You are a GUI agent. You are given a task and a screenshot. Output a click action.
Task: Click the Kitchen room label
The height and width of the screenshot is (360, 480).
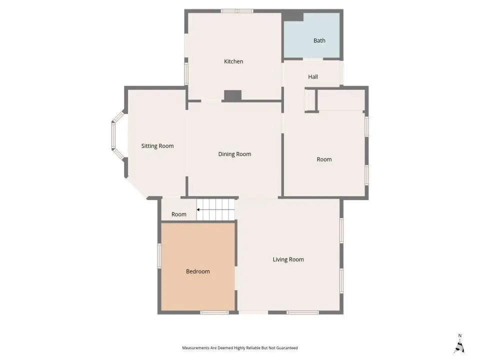(x=233, y=61)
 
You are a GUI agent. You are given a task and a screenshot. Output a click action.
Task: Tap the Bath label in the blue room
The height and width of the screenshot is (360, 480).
(x=319, y=40)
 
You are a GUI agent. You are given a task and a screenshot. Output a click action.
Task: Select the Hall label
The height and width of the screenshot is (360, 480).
(x=313, y=77)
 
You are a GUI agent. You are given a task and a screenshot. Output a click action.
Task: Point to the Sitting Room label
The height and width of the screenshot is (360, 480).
(x=157, y=146)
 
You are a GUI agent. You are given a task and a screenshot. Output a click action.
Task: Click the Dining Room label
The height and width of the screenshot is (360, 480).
(x=234, y=154)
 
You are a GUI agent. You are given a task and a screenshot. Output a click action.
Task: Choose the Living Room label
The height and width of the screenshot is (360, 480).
(x=288, y=259)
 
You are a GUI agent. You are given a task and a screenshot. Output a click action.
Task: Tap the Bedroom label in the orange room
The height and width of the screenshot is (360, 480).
(x=198, y=271)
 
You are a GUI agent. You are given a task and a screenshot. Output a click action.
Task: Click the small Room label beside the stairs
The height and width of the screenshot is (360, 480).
(x=179, y=214)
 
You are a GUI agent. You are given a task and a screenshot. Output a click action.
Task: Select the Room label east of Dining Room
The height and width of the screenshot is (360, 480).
(x=324, y=159)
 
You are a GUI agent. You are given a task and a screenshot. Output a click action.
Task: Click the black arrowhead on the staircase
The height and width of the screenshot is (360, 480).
(x=198, y=209)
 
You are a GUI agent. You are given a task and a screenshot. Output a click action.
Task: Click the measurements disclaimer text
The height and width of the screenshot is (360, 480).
(x=240, y=348)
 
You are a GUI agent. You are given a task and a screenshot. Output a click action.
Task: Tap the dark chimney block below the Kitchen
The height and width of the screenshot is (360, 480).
(x=232, y=95)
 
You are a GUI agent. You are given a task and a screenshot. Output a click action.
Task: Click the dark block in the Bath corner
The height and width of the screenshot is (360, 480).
(x=293, y=17)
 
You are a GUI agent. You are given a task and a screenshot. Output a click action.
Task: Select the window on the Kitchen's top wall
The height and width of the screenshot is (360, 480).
(x=237, y=11)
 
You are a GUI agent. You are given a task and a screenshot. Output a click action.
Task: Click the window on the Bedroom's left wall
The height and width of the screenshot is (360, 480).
(x=159, y=256)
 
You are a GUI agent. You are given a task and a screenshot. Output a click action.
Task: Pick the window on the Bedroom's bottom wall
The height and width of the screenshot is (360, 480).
(x=214, y=312)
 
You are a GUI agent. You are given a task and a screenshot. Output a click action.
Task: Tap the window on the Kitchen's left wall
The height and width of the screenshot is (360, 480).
(x=186, y=74)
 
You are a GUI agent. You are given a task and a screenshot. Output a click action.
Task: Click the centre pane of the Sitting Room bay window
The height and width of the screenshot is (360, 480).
(x=113, y=136)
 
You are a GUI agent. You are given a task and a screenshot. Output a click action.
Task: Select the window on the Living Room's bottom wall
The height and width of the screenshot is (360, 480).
(x=303, y=312)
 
